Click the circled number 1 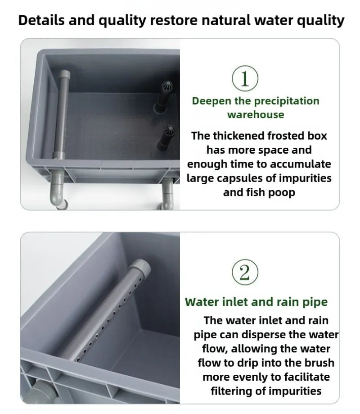tap(245, 79)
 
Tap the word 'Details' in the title tap(42, 20)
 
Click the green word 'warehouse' tap(256, 114)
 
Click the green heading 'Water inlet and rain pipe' tap(256, 301)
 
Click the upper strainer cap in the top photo tap(166, 86)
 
